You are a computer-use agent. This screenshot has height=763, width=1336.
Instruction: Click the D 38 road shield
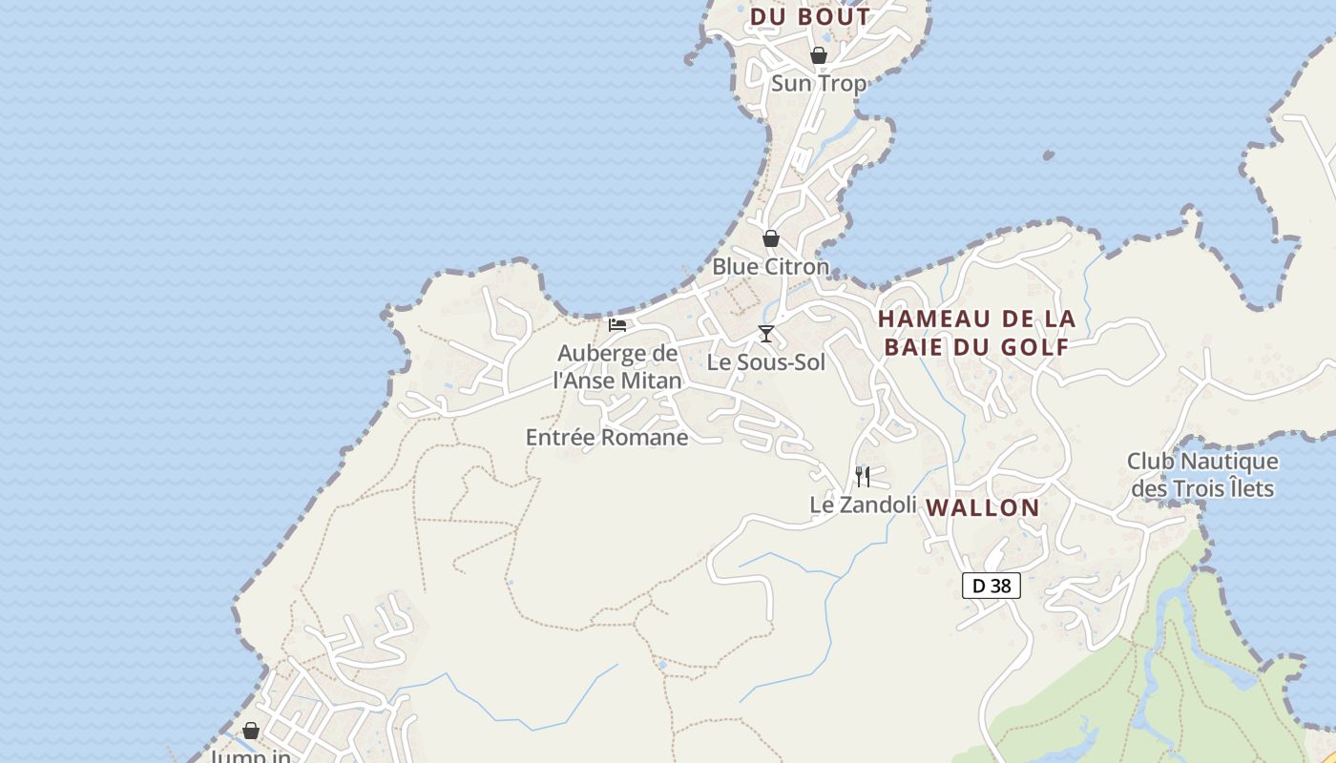992,586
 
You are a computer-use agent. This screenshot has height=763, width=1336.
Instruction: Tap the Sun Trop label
818,83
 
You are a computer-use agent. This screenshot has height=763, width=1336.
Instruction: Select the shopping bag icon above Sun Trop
818,55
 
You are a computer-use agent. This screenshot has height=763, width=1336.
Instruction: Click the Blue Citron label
770,266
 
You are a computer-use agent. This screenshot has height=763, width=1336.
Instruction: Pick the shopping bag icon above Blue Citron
770,238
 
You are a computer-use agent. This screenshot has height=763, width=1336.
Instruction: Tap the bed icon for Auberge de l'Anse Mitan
617,324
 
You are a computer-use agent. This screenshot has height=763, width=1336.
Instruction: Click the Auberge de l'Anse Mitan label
618,367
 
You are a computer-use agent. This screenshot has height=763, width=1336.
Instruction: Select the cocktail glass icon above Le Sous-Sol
765,333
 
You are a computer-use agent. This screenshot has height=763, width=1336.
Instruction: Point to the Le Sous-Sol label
765,362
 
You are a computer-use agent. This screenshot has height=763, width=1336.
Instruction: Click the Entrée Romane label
607,438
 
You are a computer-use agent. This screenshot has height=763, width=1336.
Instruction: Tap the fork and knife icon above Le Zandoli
863,476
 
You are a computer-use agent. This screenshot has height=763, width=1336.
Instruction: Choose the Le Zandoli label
863,505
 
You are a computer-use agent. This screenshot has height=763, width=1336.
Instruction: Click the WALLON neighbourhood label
983,507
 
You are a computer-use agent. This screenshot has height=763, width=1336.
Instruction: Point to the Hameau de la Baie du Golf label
976,332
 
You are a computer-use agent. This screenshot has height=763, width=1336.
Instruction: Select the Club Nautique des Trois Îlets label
1202,475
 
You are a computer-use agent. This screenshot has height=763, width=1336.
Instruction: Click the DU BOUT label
810,17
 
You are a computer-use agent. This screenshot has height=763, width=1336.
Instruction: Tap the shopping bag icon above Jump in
251,731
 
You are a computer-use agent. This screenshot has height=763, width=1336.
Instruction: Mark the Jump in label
250,756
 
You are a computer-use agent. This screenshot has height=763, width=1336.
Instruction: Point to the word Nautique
1229,462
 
